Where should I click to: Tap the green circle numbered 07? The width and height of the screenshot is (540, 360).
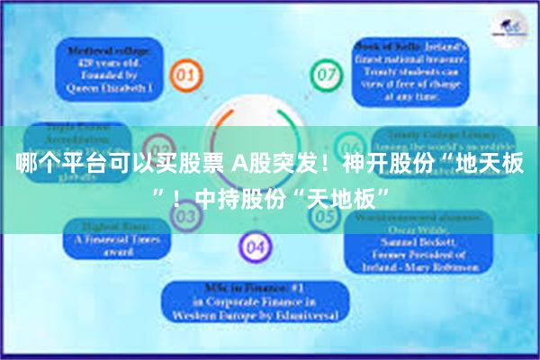coord(323,72)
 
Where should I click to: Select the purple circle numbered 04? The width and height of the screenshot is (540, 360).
coord(255,245)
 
